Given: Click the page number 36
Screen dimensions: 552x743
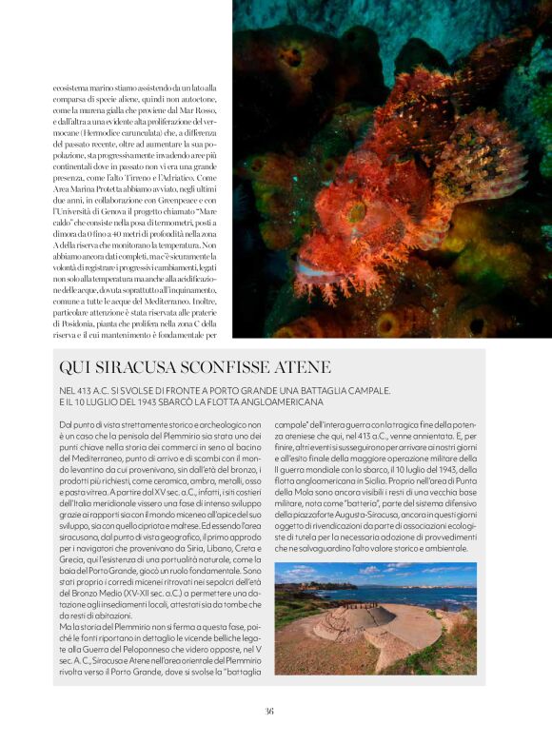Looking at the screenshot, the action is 269,710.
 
